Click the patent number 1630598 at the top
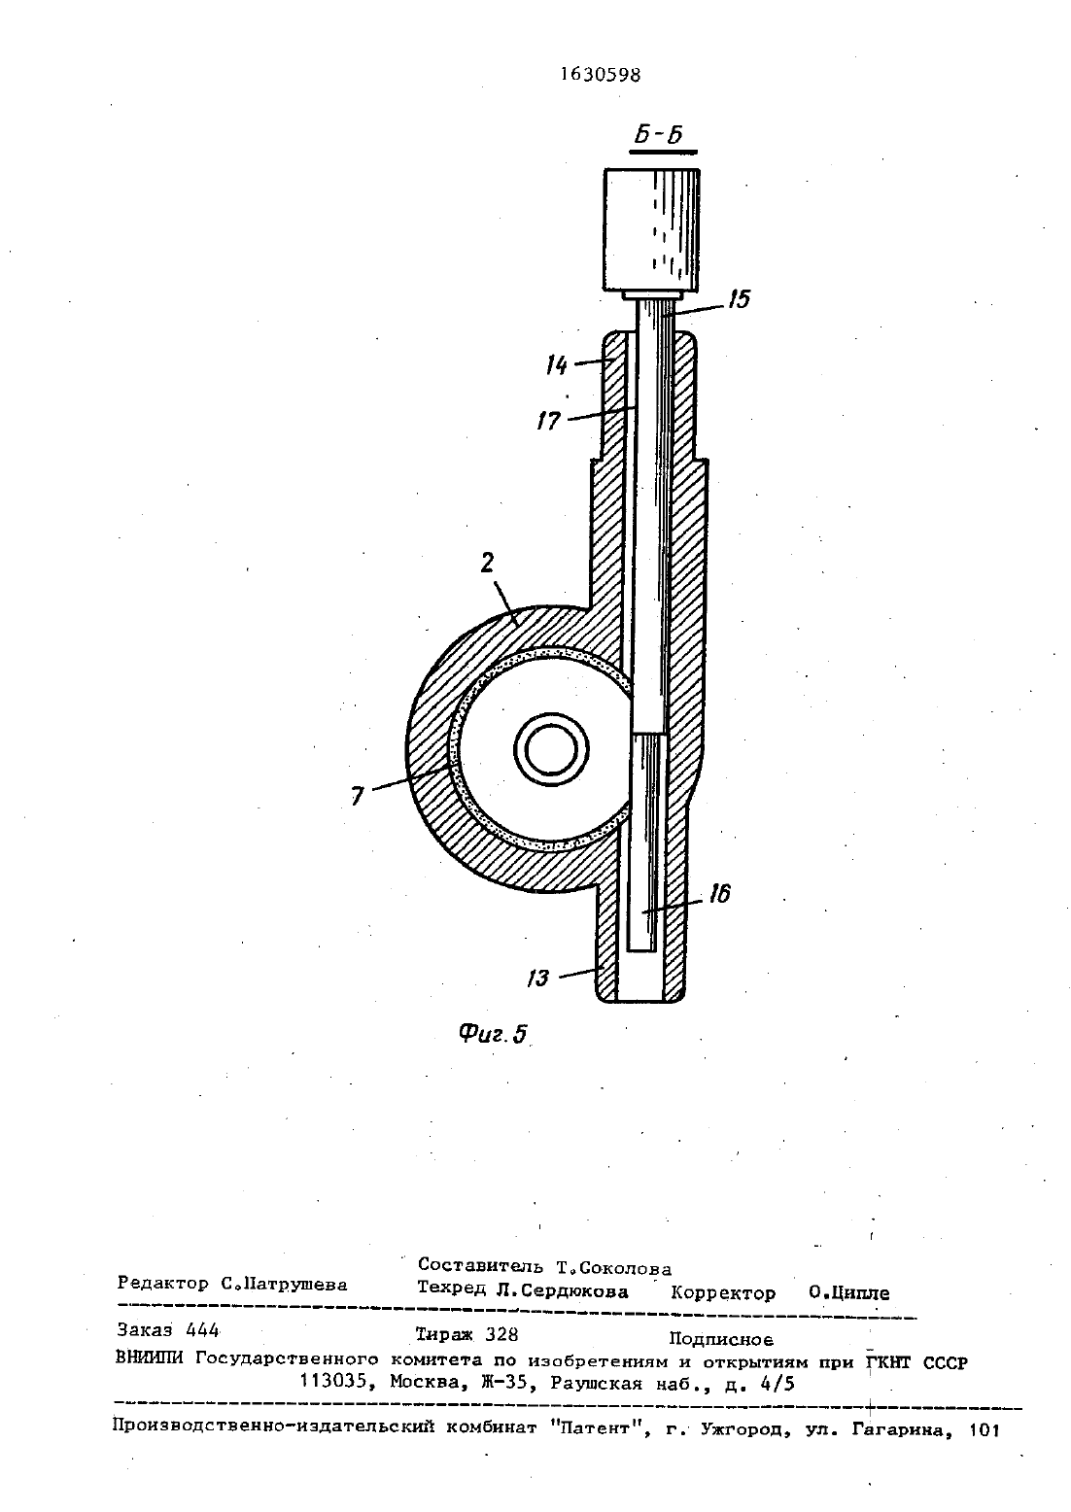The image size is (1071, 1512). [601, 74]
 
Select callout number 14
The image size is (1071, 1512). [557, 366]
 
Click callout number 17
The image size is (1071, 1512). [549, 421]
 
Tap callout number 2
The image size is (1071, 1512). [488, 563]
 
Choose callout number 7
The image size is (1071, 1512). [358, 797]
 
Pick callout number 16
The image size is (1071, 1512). [720, 894]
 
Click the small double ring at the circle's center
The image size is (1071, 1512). [551, 749]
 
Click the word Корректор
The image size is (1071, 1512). [723, 1292]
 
